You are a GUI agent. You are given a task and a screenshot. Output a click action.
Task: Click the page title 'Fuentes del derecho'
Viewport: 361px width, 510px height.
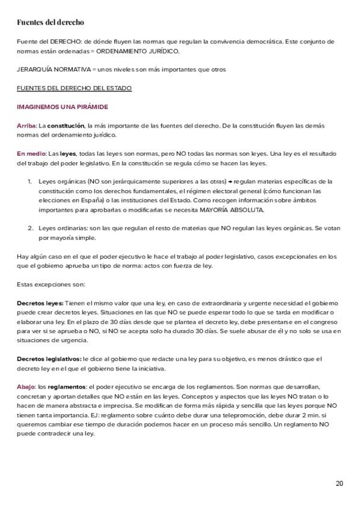coord(50,22)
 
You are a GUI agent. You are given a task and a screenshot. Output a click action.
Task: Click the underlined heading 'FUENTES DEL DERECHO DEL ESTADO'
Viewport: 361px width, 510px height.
coord(74,88)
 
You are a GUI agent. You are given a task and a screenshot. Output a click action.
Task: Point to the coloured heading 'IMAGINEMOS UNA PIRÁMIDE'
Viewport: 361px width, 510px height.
coord(62,107)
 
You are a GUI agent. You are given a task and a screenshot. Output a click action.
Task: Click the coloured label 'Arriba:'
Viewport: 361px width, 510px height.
coord(27,126)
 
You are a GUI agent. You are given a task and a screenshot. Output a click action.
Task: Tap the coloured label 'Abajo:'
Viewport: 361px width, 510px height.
coord(26,387)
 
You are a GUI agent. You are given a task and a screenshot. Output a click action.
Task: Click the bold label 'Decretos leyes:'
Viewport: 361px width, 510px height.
coord(39,303)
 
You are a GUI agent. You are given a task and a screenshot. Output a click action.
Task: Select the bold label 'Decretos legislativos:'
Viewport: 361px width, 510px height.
coord(49,358)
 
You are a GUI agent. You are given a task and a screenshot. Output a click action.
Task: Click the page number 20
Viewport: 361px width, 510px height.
coord(339,484)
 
